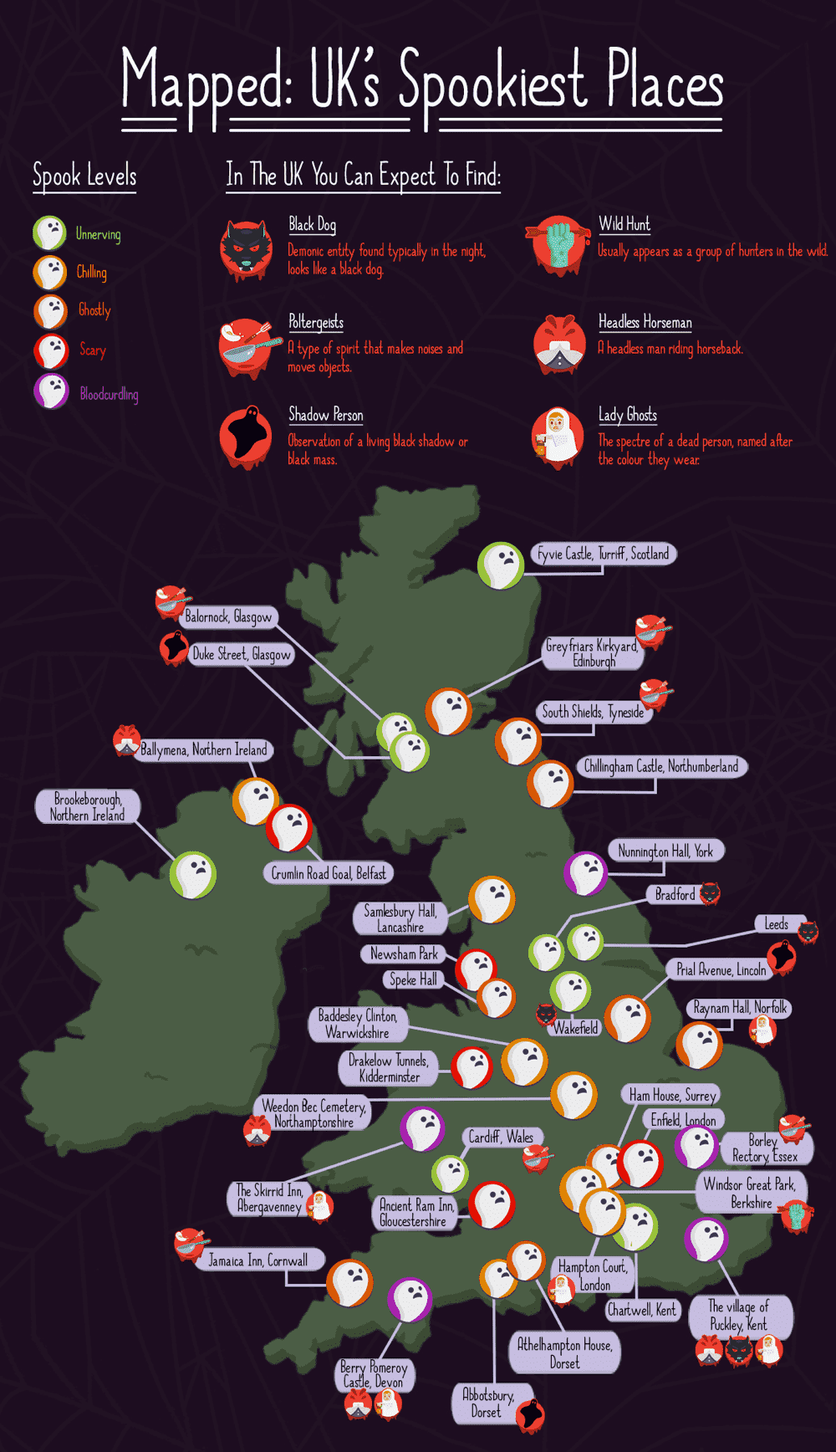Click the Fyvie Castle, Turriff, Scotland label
point(603,554)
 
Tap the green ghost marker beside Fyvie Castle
point(501,565)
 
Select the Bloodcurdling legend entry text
point(109,394)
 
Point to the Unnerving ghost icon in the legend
point(49,233)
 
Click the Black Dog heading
point(312,224)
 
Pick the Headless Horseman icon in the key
point(559,343)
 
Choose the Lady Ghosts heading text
point(627,415)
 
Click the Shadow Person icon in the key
point(246,436)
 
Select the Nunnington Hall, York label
point(665,851)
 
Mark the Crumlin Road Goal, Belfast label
point(329,873)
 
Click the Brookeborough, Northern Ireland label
point(87,807)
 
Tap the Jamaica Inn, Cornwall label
point(257,1260)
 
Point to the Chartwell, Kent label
point(642,1310)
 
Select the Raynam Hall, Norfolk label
point(740,1008)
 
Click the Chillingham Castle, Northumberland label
point(660,766)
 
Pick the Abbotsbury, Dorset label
point(488,1403)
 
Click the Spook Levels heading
point(84,176)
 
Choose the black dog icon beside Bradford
point(710,893)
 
